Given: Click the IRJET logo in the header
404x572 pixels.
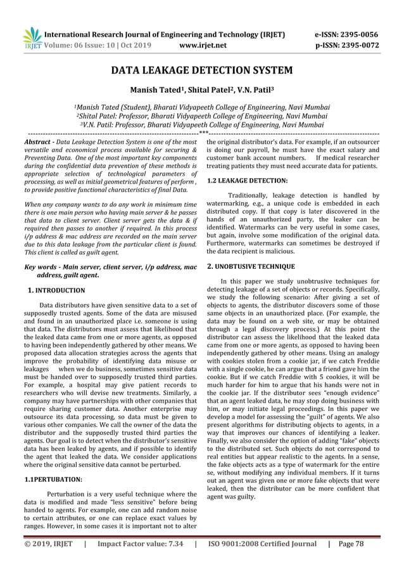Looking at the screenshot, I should [30, 39].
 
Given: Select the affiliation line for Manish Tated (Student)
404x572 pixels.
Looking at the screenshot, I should [201, 107].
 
